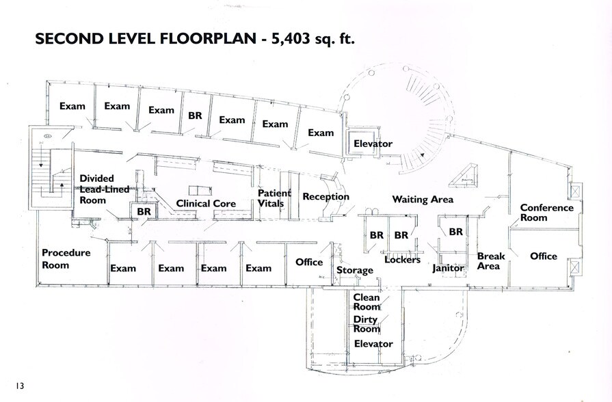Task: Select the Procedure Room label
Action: tap(66, 259)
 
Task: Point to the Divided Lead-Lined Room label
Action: tap(105, 189)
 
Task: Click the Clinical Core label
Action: tap(206, 204)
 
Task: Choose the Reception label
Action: tap(325, 197)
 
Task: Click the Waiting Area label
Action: tap(423, 200)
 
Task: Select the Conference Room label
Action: tap(543, 213)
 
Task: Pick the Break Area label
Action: tap(490, 261)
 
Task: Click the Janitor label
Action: tap(449, 269)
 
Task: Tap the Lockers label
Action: tap(402, 260)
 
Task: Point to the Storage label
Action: tap(355, 270)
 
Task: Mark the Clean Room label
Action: tap(366, 303)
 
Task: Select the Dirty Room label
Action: tap(366, 325)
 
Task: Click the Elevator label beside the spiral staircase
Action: tap(373, 144)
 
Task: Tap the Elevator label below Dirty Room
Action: tap(373, 344)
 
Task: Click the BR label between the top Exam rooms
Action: tap(195, 116)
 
